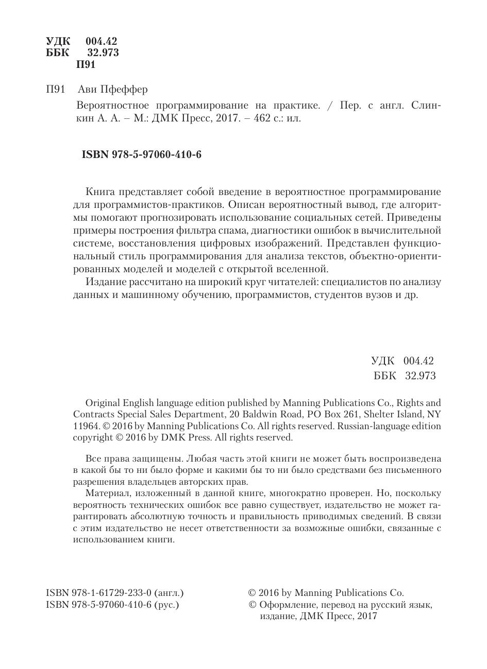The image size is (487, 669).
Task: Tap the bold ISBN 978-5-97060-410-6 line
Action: [x=142, y=154]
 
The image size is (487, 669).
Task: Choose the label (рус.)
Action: [x=166, y=605]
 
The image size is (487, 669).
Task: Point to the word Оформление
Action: [x=288, y=605]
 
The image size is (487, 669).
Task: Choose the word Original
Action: [x=104, y=402]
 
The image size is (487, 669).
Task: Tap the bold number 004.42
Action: [x=102, y=42]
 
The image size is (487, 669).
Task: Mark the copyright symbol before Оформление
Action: [x=253, y=605]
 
